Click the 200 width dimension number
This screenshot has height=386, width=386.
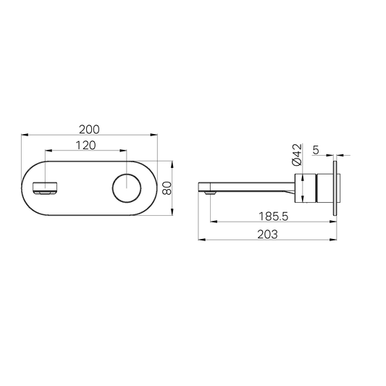[x=89, y=129]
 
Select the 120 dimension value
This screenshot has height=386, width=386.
[x=88, y=146]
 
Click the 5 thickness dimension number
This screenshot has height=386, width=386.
[x=316, y=150]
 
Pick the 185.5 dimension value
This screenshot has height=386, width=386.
[x=272, y=216]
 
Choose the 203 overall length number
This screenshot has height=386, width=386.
[x=269, y=235]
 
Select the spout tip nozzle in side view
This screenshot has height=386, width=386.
[x=209, y=193]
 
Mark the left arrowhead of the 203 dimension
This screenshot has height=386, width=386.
[x=201, y=240]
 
